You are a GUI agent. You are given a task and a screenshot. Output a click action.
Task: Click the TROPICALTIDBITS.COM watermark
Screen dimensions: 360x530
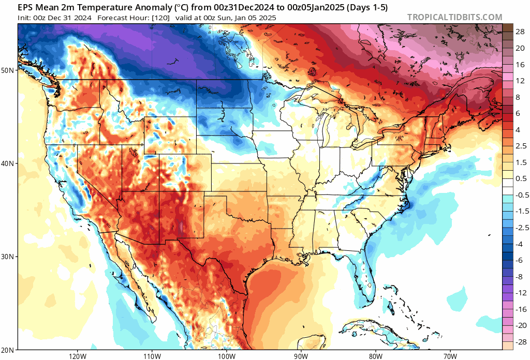[454, 17]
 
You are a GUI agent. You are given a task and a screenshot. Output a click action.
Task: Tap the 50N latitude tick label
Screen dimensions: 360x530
[9, 70]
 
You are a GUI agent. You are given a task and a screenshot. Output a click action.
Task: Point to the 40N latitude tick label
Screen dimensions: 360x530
[9, 163]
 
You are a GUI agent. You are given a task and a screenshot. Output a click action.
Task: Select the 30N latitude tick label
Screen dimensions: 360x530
[9, 257]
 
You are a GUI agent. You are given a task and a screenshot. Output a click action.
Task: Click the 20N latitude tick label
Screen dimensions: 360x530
[9, 350]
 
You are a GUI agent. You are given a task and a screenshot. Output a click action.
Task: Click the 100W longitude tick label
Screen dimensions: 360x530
[226, 356]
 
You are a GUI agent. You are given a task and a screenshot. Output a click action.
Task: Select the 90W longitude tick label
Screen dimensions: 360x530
[301, 356]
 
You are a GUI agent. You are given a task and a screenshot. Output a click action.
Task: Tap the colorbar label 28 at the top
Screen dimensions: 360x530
[520, 32]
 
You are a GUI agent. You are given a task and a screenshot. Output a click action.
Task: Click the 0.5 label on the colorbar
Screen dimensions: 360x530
[520, 178]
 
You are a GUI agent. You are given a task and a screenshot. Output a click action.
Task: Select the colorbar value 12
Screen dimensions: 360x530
[520, 81]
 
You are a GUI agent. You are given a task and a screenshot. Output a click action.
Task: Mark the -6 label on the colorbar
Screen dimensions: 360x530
[520, 260]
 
